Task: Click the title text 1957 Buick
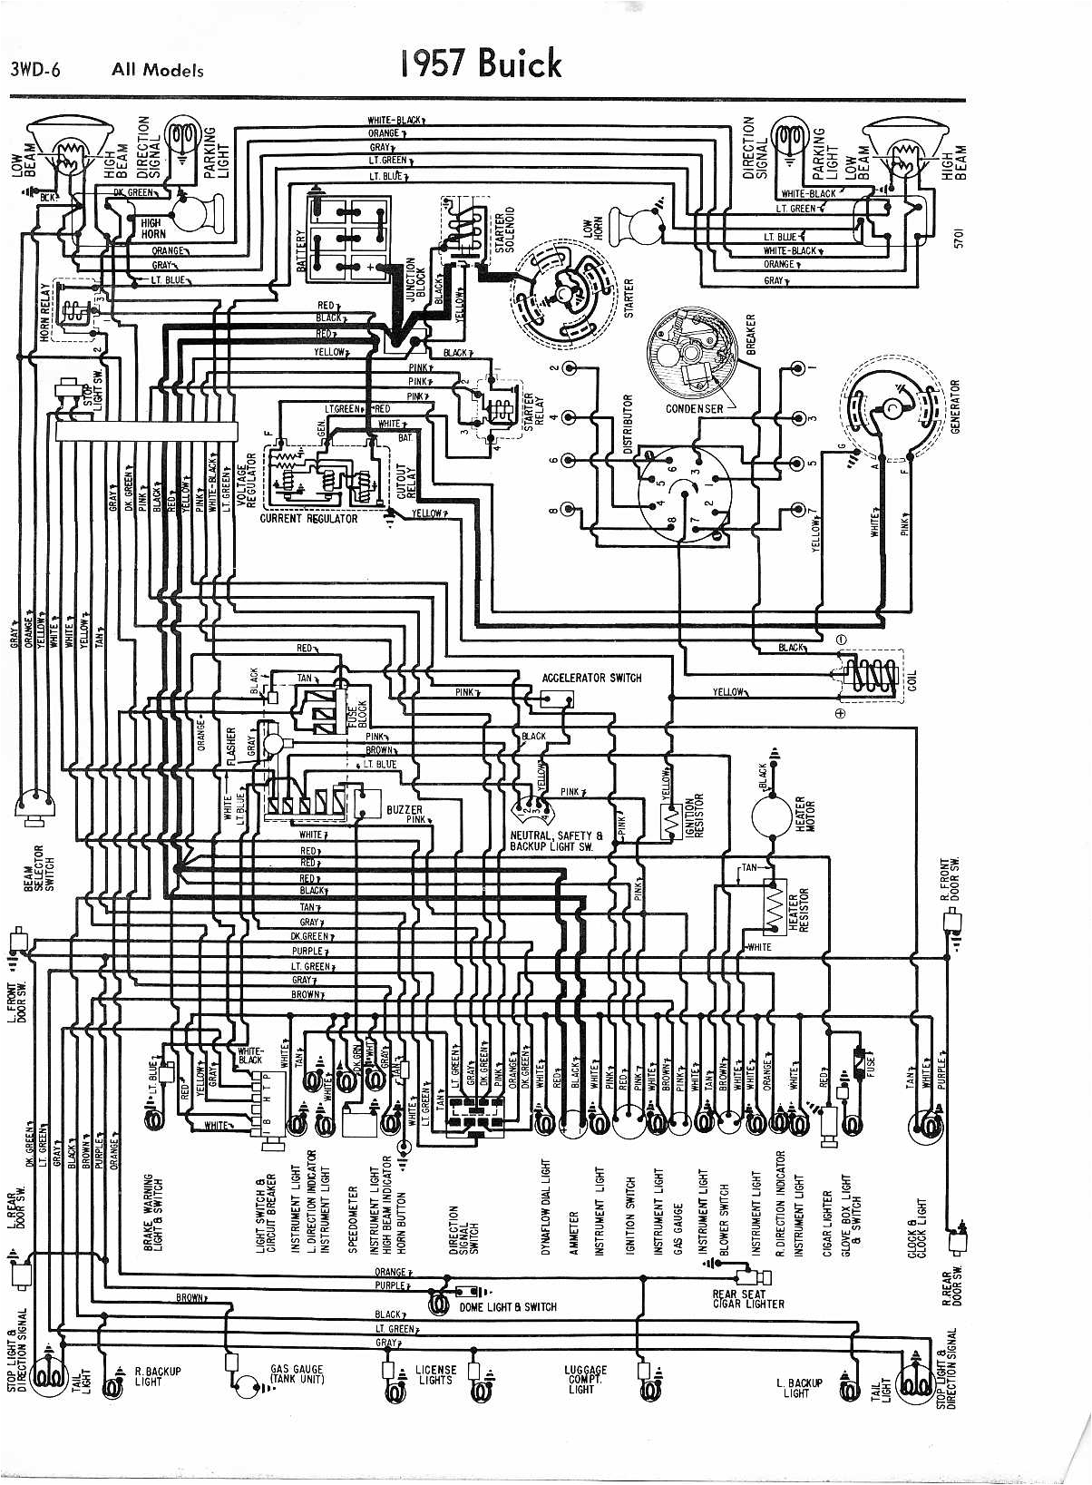tap(480, 64)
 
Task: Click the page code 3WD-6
tap(35, 70)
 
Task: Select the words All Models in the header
tap(158, 70)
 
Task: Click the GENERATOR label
tap(955, 405)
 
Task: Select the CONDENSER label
tap(695, 409)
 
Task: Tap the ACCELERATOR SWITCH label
tap(591, 678)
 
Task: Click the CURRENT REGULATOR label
tap(308, 519)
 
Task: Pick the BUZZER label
tap(404, 809)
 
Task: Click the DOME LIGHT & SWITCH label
tap(508, 1307)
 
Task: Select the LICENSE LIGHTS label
tap(435, 1375)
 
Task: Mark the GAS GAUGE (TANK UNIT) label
tap(297, 1374)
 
